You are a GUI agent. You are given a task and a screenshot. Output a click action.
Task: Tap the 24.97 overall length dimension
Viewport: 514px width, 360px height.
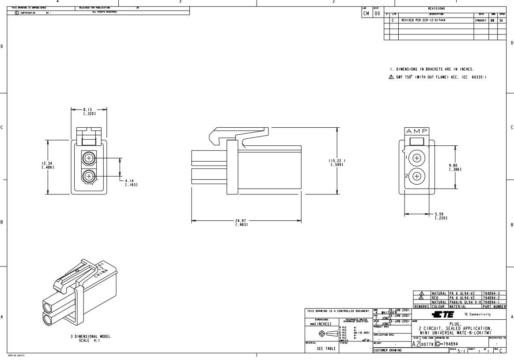coord(241,223)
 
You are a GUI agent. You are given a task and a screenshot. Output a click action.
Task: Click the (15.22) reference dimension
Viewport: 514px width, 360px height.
coord(337,162)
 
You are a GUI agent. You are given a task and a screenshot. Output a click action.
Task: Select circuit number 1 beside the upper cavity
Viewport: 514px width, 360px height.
coord(406,156)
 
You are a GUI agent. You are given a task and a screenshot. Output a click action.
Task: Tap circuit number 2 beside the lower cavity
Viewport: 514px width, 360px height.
coord(406,176)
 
